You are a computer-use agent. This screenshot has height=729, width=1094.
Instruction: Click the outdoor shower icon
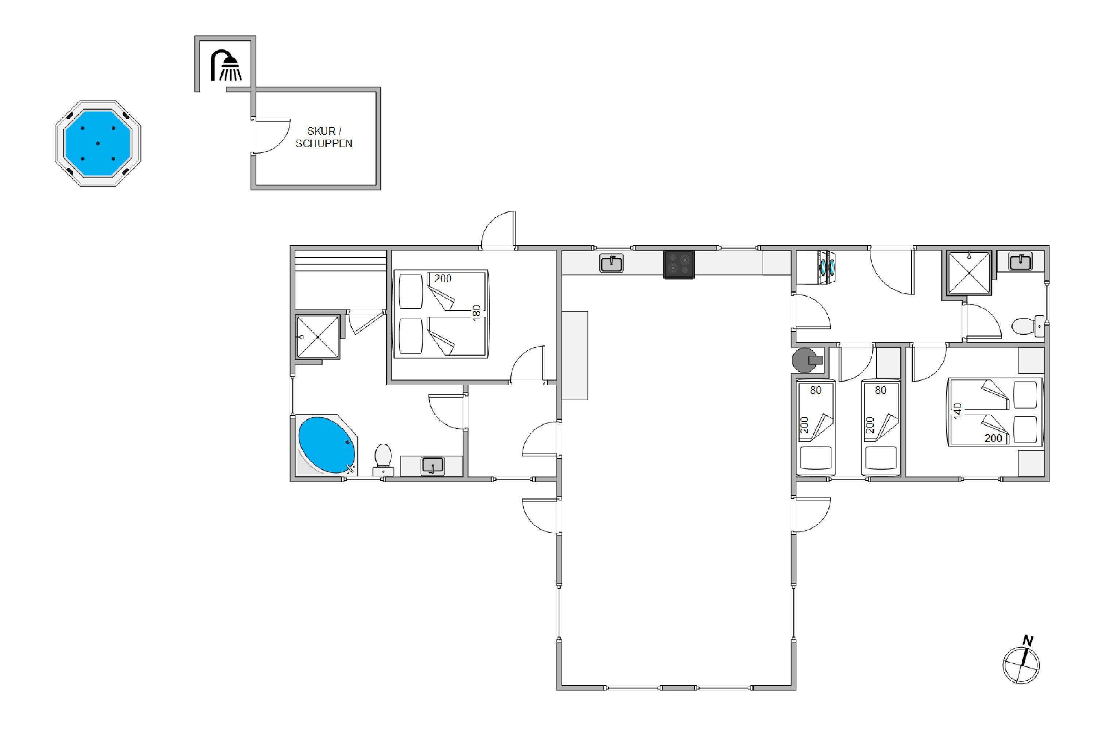pos(226,65)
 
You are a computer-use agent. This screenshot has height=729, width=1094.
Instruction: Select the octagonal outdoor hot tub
pos(98,143)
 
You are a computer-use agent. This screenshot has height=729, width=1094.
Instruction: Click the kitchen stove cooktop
pos(679,265)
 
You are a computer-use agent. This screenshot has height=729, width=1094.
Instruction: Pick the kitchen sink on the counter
pos(612,264)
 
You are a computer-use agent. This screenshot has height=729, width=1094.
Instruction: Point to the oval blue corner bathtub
pos(326,445)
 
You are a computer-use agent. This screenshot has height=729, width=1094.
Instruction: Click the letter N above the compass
pos(1028,641)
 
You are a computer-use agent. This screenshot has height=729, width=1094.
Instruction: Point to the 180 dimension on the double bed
pos(476,313)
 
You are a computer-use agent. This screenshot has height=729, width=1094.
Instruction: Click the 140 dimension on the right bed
pos(957,411)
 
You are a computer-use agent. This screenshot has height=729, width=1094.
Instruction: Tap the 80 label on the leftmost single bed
pos(816,390)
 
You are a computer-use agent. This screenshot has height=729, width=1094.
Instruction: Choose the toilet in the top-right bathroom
pos(1027,326)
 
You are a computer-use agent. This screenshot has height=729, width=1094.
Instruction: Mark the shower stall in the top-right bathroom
pos(969,273)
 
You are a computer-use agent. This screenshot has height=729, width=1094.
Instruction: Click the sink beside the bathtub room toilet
pos(432,466)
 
